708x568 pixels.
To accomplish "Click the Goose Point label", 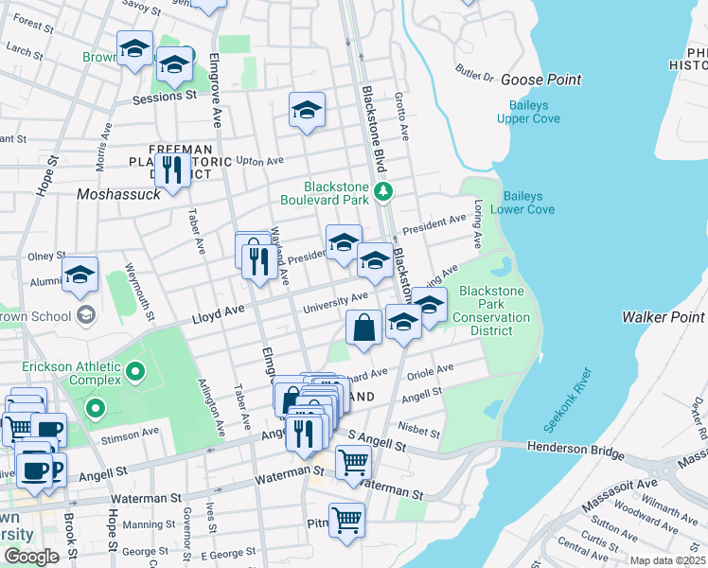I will pos(540,80).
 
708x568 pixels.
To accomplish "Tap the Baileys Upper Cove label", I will pos(530,110).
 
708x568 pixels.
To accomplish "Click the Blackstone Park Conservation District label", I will pos(491,311).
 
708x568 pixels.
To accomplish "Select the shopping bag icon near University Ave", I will pos(364,328).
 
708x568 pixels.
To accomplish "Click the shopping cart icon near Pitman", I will pos(346,520).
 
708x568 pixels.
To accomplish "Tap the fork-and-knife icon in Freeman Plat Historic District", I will pos(171,169).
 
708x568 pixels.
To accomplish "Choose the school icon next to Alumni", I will pos(80,275).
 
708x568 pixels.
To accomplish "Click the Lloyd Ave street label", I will pos(219,310).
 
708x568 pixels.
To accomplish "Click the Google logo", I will pos(31,556).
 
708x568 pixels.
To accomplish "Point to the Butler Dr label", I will pos(475,72).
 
